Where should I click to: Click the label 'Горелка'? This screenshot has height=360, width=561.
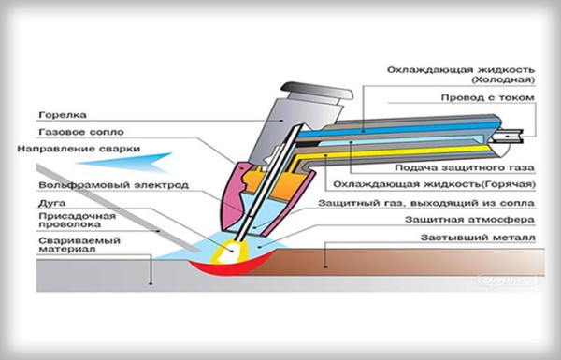[x=63, y=115]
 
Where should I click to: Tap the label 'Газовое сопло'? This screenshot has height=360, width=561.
[x=81, y=132]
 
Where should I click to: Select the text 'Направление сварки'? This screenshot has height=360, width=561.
[x=79, y=149]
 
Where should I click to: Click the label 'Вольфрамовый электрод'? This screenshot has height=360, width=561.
[x=114, y=185]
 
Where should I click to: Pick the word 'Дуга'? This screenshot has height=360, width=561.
[x=52, y=204]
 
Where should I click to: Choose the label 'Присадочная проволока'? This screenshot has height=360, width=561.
[x=77, y=220]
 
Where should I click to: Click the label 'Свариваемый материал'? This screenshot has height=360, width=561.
[x=79, y=244]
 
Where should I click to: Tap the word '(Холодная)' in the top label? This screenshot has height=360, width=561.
[x=503, y=79]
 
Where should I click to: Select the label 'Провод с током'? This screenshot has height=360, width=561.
[x=488, y=97]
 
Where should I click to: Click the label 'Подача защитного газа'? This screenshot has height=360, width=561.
[x=465, y=167]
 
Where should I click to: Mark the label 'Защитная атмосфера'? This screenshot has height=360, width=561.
[x=469, y=220]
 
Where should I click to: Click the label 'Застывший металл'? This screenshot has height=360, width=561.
[x=478, y=238]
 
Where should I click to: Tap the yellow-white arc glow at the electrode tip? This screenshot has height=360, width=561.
[x=227, y=252]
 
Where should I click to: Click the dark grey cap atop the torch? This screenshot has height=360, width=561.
[x=317, y=91]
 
